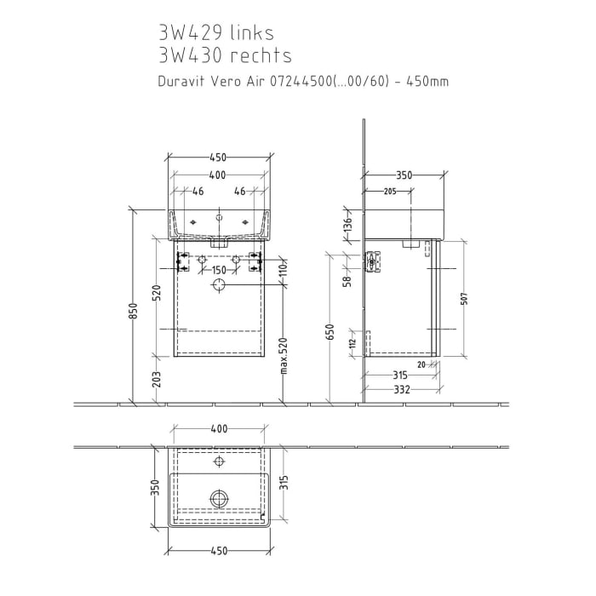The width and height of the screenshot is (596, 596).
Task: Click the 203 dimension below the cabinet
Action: [157, 380]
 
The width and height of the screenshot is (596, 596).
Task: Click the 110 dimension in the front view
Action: [283, 272]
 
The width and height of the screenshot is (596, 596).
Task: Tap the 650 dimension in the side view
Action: [330, 334]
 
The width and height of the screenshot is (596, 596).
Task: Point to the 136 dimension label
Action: [347, 224]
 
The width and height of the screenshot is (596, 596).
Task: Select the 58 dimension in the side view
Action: [347, 281]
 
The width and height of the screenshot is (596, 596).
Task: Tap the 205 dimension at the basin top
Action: [390, 192]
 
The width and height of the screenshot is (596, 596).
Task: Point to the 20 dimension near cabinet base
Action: [421, 364]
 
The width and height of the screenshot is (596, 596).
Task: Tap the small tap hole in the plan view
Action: [219, 464]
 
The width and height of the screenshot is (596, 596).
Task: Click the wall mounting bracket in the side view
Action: [371, 262]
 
